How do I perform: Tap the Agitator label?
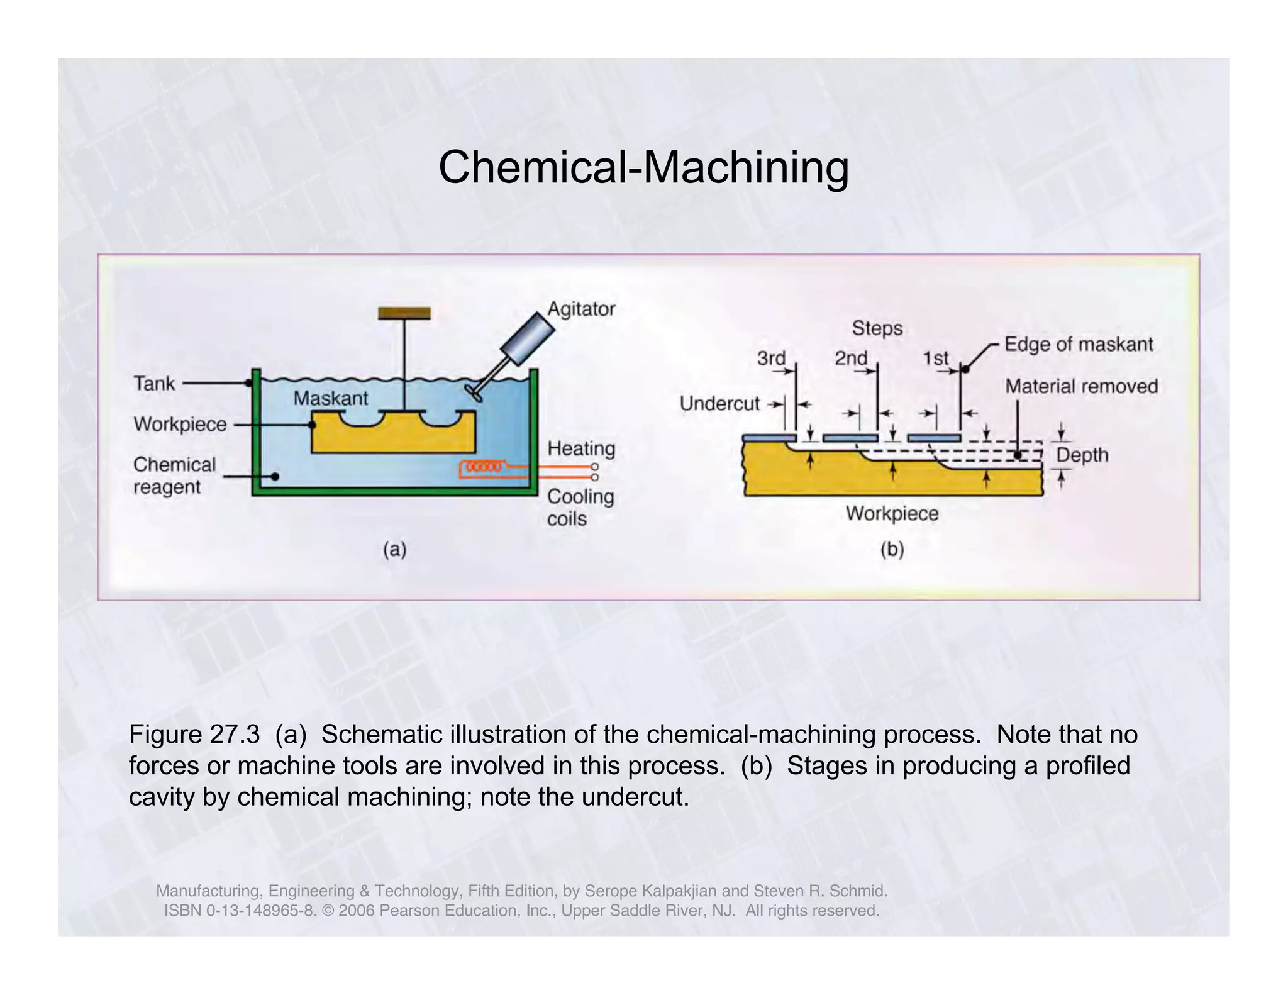(580, 309)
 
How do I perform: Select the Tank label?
(154, 383)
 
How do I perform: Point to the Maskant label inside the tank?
(331, 398)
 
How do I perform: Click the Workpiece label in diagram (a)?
(180, 425)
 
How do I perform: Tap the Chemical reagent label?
(174, 475)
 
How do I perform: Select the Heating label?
(580, 448)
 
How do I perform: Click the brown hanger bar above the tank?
(404, 313)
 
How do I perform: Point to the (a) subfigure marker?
(395, 550)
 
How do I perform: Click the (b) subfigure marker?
(892, 550)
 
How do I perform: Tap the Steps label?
(877, 328)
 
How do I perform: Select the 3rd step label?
(771, 359)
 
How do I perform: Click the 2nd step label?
(851, 359)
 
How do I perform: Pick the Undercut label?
(719, 403)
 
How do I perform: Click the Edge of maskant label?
(1078, 344)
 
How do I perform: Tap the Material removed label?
(1081, 386)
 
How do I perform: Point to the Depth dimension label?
(1082, 455)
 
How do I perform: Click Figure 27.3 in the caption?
(194, 734)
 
